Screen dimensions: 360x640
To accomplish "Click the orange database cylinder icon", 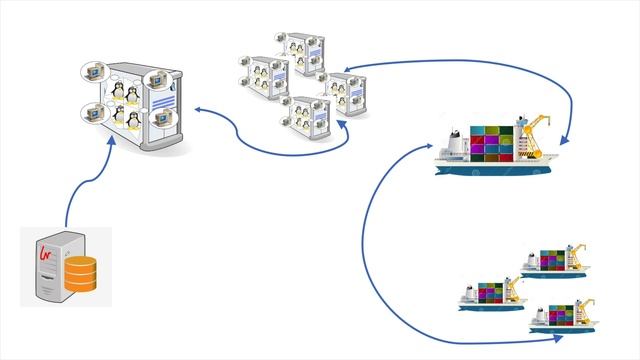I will coord(81,275).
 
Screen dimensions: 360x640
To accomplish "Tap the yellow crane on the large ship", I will coord(533,136).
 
